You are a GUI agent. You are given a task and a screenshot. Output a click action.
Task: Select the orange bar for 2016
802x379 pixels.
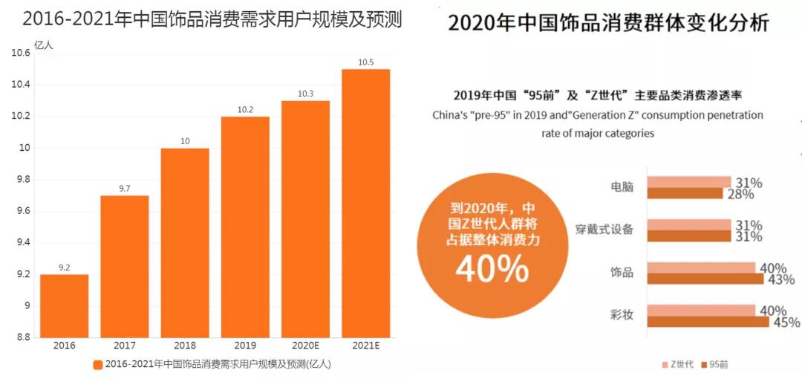64,305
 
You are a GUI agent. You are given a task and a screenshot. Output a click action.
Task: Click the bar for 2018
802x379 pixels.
185,242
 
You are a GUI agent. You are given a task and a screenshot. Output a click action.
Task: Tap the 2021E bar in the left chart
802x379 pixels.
365,203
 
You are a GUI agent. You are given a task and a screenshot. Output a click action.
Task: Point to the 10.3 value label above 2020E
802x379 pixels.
305,94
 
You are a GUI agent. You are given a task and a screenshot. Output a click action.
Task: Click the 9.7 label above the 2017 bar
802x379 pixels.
124,189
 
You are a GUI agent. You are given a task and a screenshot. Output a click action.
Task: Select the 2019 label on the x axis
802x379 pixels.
245,346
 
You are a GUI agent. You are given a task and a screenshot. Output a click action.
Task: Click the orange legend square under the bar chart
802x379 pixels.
98,364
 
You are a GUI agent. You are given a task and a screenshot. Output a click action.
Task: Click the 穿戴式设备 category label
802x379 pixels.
605,230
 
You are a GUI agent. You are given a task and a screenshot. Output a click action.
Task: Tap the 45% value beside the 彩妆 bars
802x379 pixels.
786,323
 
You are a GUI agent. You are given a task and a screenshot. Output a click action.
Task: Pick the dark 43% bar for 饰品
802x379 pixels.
705,279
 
